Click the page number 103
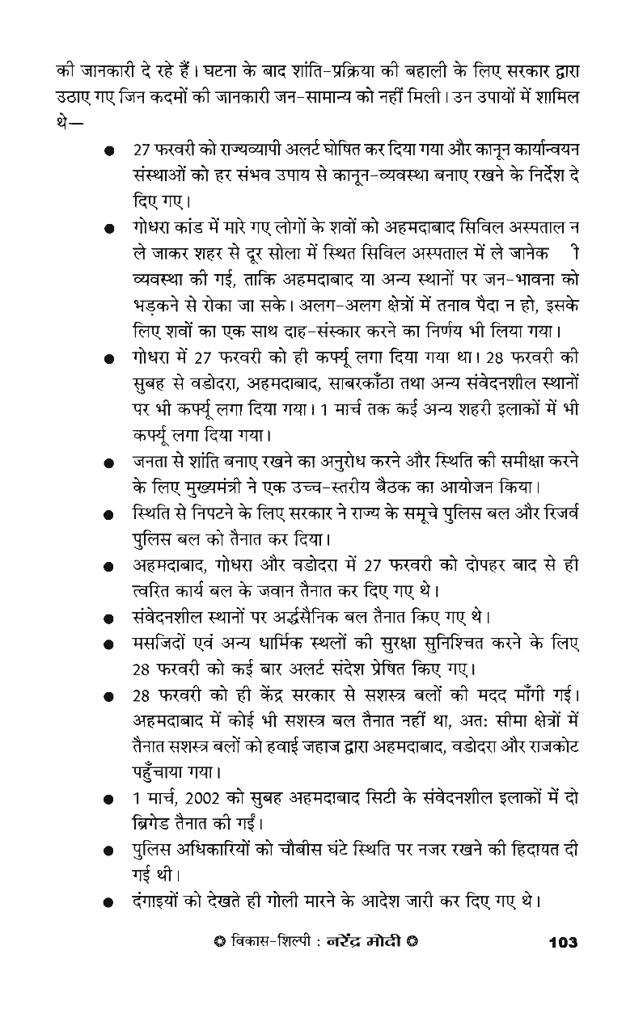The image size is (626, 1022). coord(562,943)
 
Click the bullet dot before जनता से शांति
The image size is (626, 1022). coord(108,465)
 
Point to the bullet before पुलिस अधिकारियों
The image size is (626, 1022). coord(108,851)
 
